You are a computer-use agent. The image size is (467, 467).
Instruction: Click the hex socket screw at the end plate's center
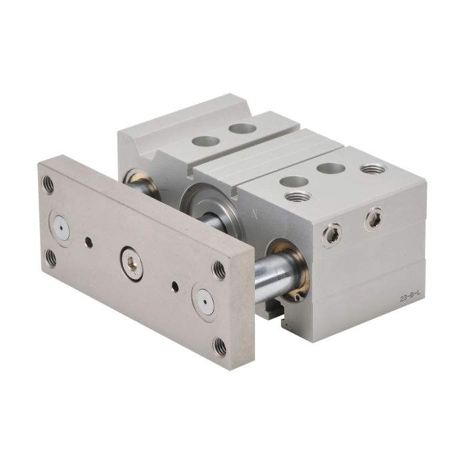[131, 264]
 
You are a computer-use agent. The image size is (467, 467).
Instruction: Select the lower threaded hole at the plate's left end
[51, 258]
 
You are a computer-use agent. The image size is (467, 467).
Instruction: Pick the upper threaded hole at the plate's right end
[219, 270]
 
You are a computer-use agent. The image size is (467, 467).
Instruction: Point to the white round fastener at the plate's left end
[61, 228]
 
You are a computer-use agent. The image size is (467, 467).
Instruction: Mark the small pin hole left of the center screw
[89, 242]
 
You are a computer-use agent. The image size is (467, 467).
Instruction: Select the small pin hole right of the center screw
[175, 286]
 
